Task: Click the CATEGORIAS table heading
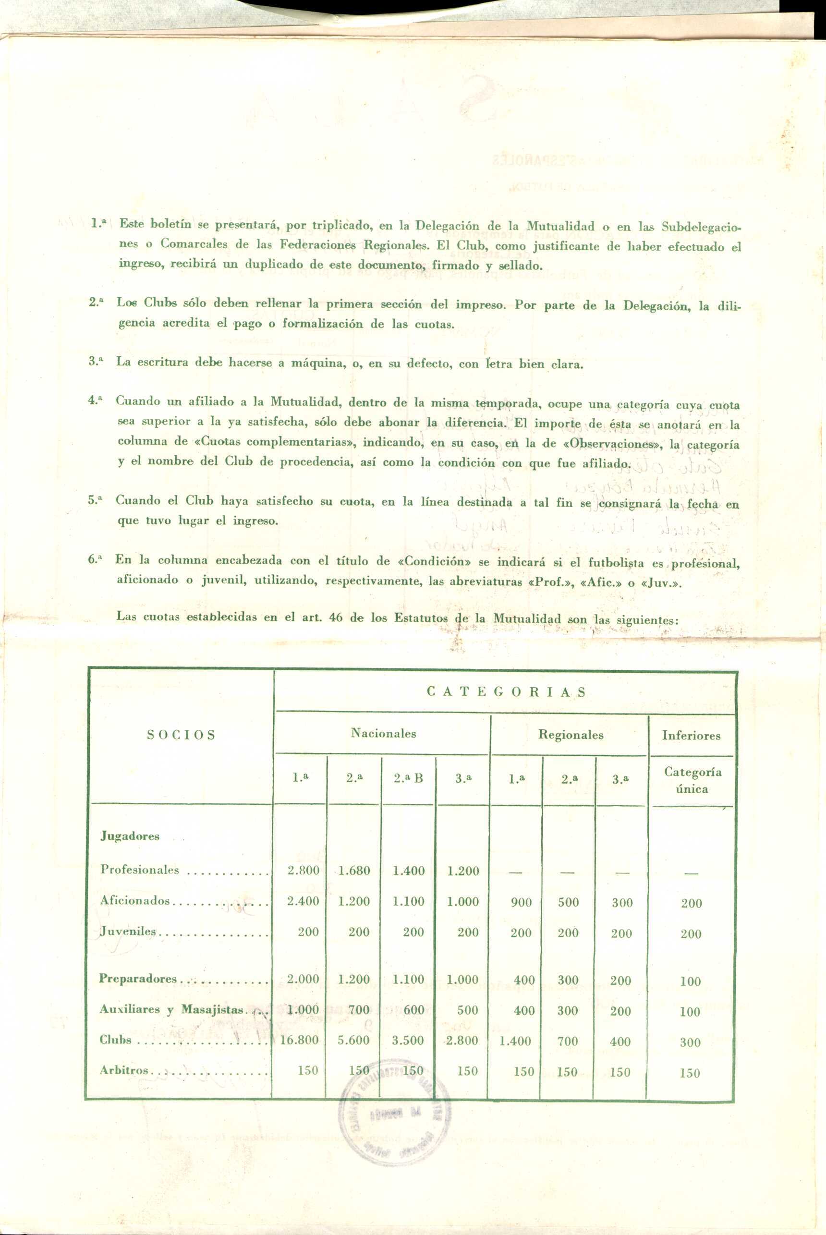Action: click(506, 691)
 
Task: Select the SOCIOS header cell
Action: click(181, 735)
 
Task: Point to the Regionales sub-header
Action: click(571, 735)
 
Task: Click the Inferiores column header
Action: click(691, 736)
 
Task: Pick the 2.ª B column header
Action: click(408, 778)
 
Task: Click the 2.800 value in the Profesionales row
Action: click(304, 871)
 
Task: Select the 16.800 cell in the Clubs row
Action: click(299, 1040)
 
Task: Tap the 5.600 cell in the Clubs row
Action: click(353, 1040)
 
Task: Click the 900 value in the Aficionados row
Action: click(521, 903)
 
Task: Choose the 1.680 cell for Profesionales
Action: click(354, 871)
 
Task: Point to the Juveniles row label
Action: click(129, 931)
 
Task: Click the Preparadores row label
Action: click(138, 979)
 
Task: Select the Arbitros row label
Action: click(124, 1071)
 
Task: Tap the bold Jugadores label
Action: click(130, 836)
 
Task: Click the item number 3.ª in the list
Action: click(96, 361)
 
